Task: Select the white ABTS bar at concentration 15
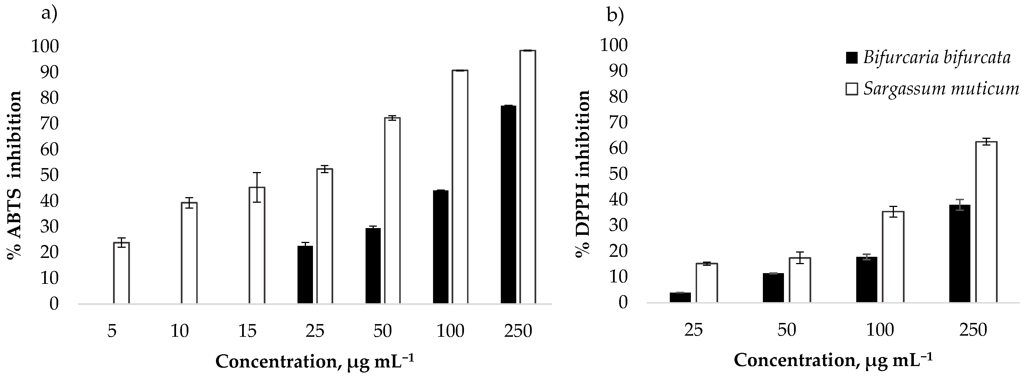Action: [257, 245]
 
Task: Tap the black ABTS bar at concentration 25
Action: [305, 275]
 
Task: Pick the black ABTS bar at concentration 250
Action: [508, 204]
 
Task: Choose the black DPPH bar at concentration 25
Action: [680, 297]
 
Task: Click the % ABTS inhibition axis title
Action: [14, 175]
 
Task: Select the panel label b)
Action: [615, 16]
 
